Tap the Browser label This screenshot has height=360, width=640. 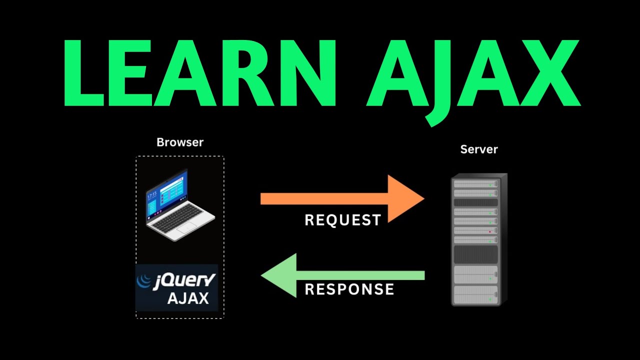coord(180,142)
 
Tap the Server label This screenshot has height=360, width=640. coord(479,149)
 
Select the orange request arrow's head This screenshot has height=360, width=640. coord(407,198)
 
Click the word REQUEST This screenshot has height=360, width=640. coord(342,220)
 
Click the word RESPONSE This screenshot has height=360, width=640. coord(349,289)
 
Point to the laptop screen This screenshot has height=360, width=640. coord(167,192)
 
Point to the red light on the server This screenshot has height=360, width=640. coord(489,232)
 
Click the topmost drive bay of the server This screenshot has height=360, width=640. coord(475,184)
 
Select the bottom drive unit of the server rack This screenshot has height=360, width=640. coord(475,294)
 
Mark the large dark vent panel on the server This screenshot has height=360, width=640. coord(475,254)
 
